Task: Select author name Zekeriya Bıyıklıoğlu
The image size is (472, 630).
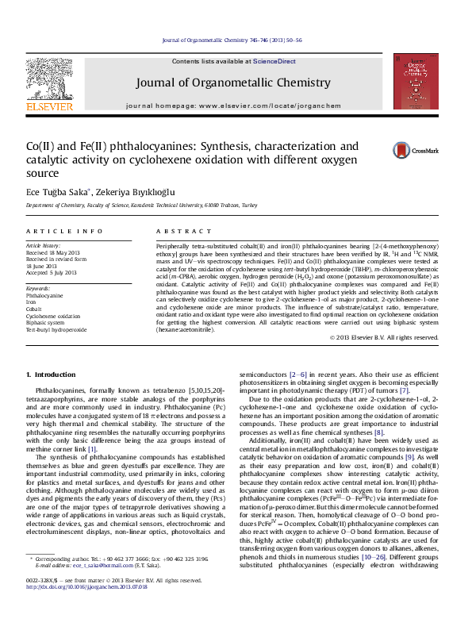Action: (x=144, y=192)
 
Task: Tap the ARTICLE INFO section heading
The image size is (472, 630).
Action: (x=64, y=231)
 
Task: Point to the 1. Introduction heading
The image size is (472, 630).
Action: (x=51, y=374)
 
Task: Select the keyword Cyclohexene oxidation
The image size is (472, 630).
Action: (x=53, y=316)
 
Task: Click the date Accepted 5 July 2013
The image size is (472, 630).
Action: (x=52, y=272)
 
